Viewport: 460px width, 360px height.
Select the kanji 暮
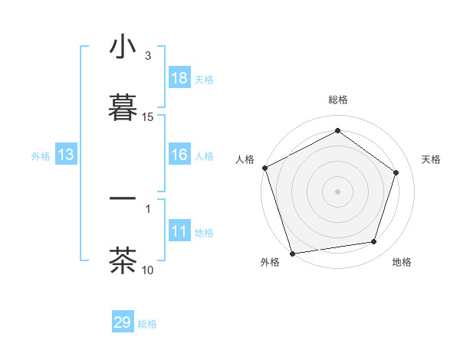[x=123, y=106]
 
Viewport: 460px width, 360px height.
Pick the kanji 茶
[x=123, y=260]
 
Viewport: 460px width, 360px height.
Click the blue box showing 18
[x=179, y=78]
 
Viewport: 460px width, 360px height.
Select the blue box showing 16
[x=179, y=155]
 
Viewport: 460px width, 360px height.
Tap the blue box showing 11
[x=179, y=231]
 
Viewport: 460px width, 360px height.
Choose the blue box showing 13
[x=66, y=155]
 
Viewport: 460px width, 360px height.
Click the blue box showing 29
[x=123, y=322]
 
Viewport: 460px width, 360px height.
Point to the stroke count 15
[x=148, y=117]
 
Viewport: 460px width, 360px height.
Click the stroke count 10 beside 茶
[x=148, y=270]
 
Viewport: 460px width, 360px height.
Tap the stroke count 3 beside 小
[x=148, y=56]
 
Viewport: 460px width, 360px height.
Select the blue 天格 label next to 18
[x=204, y=80]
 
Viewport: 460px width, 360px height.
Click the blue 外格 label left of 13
[x=41, y=156]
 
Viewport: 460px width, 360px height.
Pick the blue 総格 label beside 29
[x=147, y=324]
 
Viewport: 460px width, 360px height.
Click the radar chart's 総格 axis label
[x=338, y=100]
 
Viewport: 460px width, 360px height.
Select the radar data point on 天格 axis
[x=396, y=172]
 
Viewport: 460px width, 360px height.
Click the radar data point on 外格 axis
[x=293, y=253]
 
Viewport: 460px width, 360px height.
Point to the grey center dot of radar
[x=338, y=191]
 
